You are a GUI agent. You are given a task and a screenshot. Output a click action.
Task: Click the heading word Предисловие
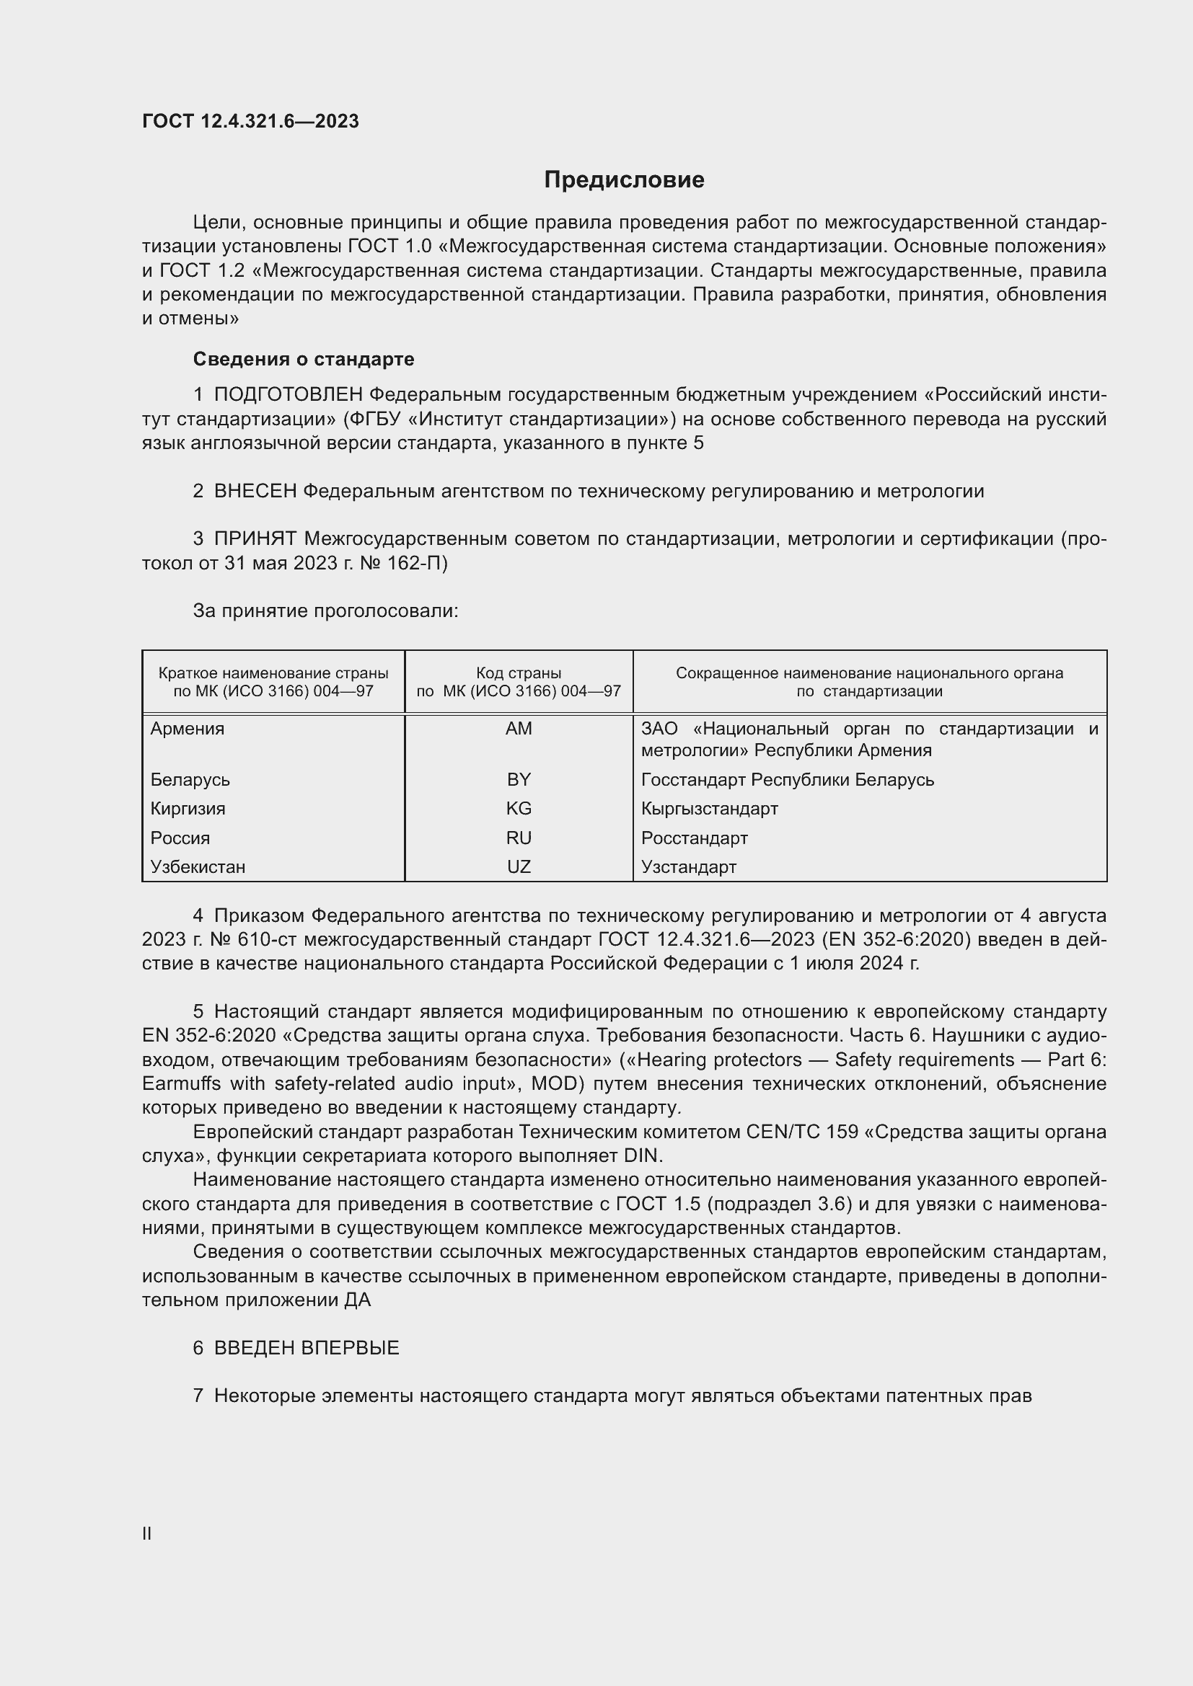624,180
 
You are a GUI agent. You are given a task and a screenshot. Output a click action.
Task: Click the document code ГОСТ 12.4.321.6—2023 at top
250,121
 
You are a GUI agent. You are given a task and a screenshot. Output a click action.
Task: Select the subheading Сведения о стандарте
304,359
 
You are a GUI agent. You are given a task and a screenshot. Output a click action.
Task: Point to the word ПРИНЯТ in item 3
255,539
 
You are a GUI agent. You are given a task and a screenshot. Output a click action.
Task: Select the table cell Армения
188,729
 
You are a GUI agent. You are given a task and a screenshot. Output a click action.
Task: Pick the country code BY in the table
519,779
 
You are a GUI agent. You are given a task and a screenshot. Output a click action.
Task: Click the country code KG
519,809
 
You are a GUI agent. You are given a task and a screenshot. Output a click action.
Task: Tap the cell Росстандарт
694,838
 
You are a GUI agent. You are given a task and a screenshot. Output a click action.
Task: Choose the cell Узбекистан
198,866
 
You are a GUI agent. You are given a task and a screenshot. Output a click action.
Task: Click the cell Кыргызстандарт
709,809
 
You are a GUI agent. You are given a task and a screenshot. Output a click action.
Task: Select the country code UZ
519,866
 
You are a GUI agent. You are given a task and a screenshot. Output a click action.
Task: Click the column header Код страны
519,673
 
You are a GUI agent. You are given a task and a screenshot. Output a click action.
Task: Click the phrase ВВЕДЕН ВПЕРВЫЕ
307,1347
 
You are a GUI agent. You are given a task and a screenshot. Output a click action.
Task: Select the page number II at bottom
147,1533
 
